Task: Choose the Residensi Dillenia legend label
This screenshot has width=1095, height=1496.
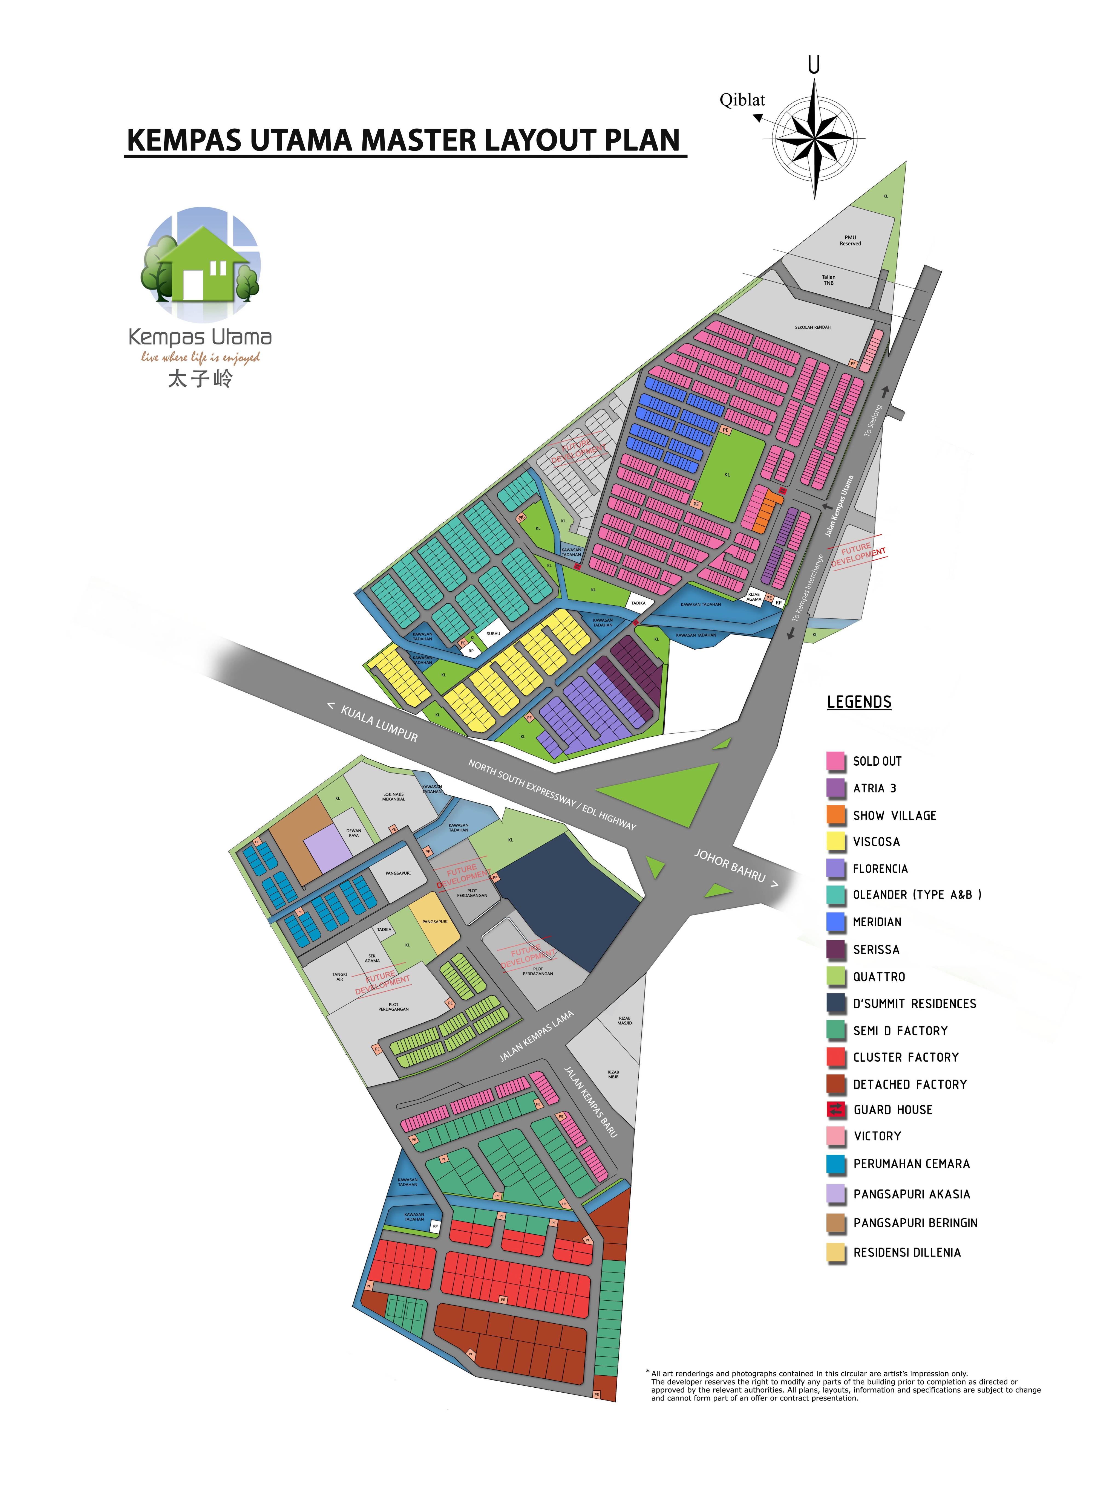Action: (x=907, y=1252)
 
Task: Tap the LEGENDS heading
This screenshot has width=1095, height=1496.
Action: (x=859, y=702)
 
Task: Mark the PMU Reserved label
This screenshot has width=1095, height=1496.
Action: (x=851, y=240)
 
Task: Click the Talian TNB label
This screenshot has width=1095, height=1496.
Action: (x=829, y=280)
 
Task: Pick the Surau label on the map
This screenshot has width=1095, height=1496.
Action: (x=493, y=633)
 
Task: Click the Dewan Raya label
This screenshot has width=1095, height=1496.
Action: (x=354, y=833)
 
